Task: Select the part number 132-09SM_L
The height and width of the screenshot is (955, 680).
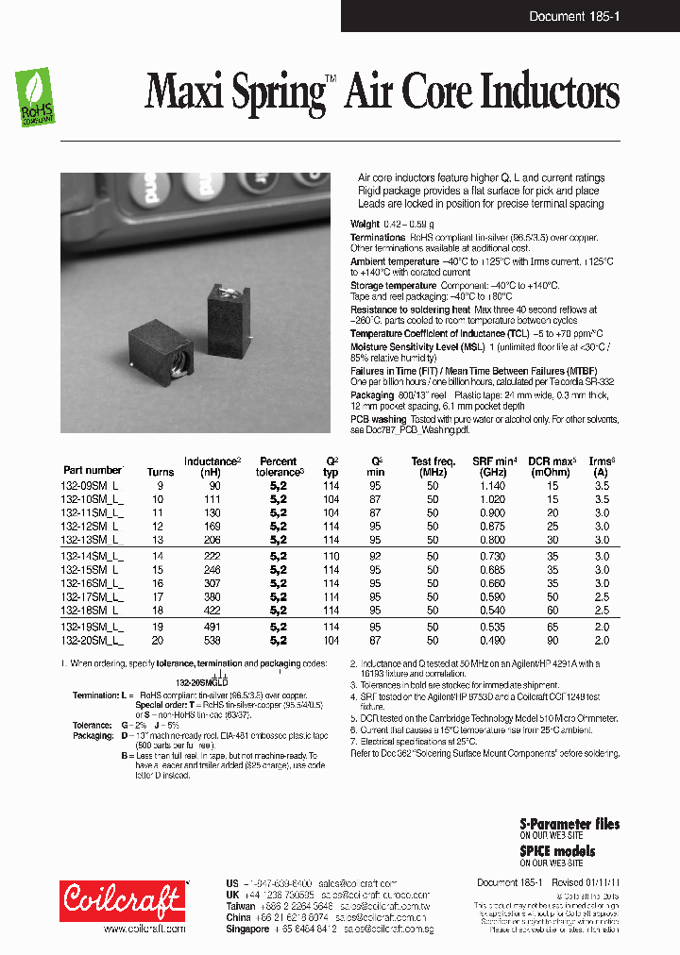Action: pyautogui.click(x=93, y=485)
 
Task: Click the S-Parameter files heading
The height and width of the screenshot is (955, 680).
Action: pyautogui.click(x=569, y=824)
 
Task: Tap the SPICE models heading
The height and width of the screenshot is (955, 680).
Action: pyautogui.click(x=557, y=850)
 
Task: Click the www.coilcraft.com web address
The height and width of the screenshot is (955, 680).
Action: pyautogui.click(x=136, y=929)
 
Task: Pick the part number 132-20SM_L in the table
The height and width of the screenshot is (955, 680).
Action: pyautogui.click(x=93, y=641)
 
